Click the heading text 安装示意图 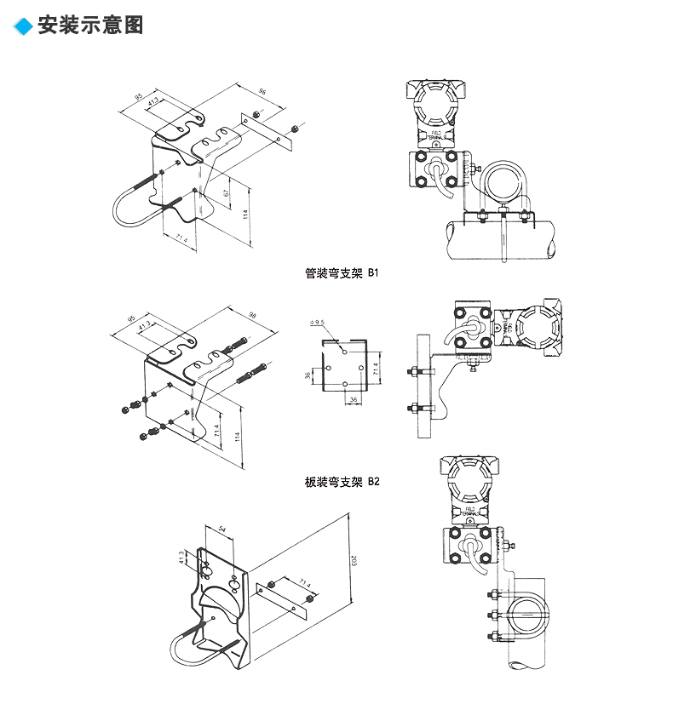[91, 26]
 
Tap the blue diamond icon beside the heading [24, 26]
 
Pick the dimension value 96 [262, 92]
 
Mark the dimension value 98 [252, 315]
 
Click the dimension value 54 [223, 529]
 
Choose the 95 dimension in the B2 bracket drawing [131, 320]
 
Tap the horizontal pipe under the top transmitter [503, 238]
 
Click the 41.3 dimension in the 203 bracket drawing [181, 558]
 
